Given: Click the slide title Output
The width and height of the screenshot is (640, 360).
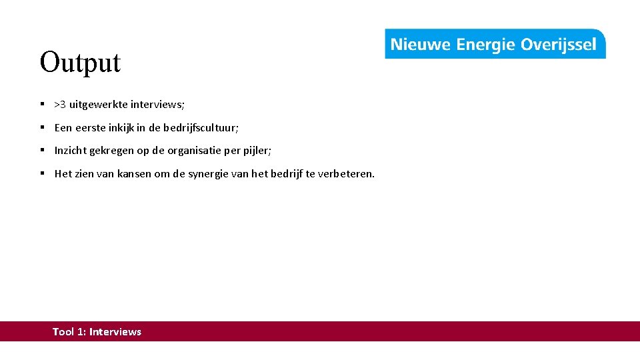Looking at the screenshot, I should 80,63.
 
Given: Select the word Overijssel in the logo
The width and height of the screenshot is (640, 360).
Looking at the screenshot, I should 558,45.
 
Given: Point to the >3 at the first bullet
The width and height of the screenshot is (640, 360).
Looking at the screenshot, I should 60,104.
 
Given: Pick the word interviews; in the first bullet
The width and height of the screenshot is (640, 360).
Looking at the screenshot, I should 157,104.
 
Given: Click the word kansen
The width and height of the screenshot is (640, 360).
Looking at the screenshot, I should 135,174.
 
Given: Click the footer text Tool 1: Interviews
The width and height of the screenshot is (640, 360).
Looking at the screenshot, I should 97,331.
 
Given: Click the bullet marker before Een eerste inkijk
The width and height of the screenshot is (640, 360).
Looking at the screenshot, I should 41,127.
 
